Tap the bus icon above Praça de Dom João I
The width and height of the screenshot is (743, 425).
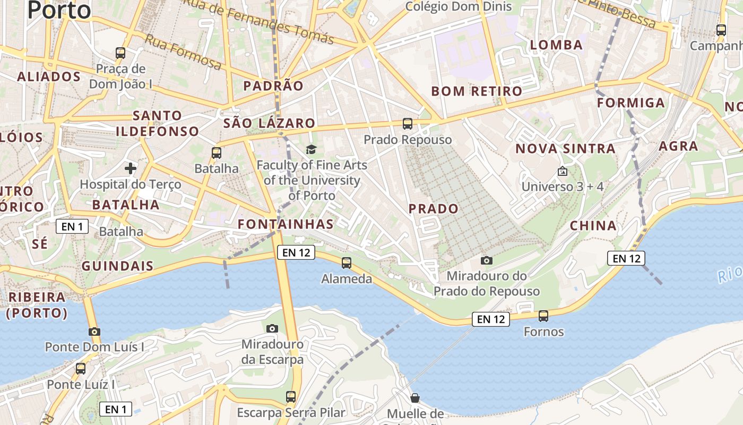(120, 53)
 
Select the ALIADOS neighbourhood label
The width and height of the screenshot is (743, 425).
(49, 76)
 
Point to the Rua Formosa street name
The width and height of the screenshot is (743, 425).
(183, 52)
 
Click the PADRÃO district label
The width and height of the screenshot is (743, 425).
(273, 86)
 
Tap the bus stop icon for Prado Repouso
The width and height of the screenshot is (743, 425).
(408, 124)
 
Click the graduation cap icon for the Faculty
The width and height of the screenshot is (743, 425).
(311, 150)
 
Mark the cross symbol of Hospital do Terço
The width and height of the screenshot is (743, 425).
(131, 169)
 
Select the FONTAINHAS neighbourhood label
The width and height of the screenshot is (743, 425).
(286, 224)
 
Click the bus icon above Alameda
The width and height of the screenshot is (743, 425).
(347, 262)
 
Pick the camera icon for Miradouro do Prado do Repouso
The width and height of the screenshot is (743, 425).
(486, 260)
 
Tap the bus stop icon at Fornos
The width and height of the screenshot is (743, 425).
(543, 316)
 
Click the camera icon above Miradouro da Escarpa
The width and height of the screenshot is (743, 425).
(272, 328)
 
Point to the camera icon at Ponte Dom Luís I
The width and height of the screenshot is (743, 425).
(94, 331)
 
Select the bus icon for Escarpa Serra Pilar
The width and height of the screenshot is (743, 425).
(291, 396)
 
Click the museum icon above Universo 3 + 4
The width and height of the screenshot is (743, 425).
(563, 171)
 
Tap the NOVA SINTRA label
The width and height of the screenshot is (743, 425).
(565, 149)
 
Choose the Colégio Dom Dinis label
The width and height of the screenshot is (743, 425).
(458, 6)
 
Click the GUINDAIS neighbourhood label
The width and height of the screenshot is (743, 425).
(117, 266)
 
